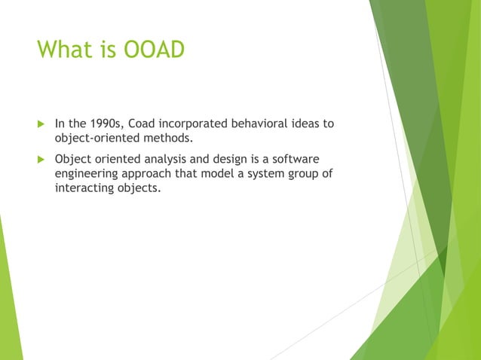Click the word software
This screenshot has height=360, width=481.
click(x=296, y=159)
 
